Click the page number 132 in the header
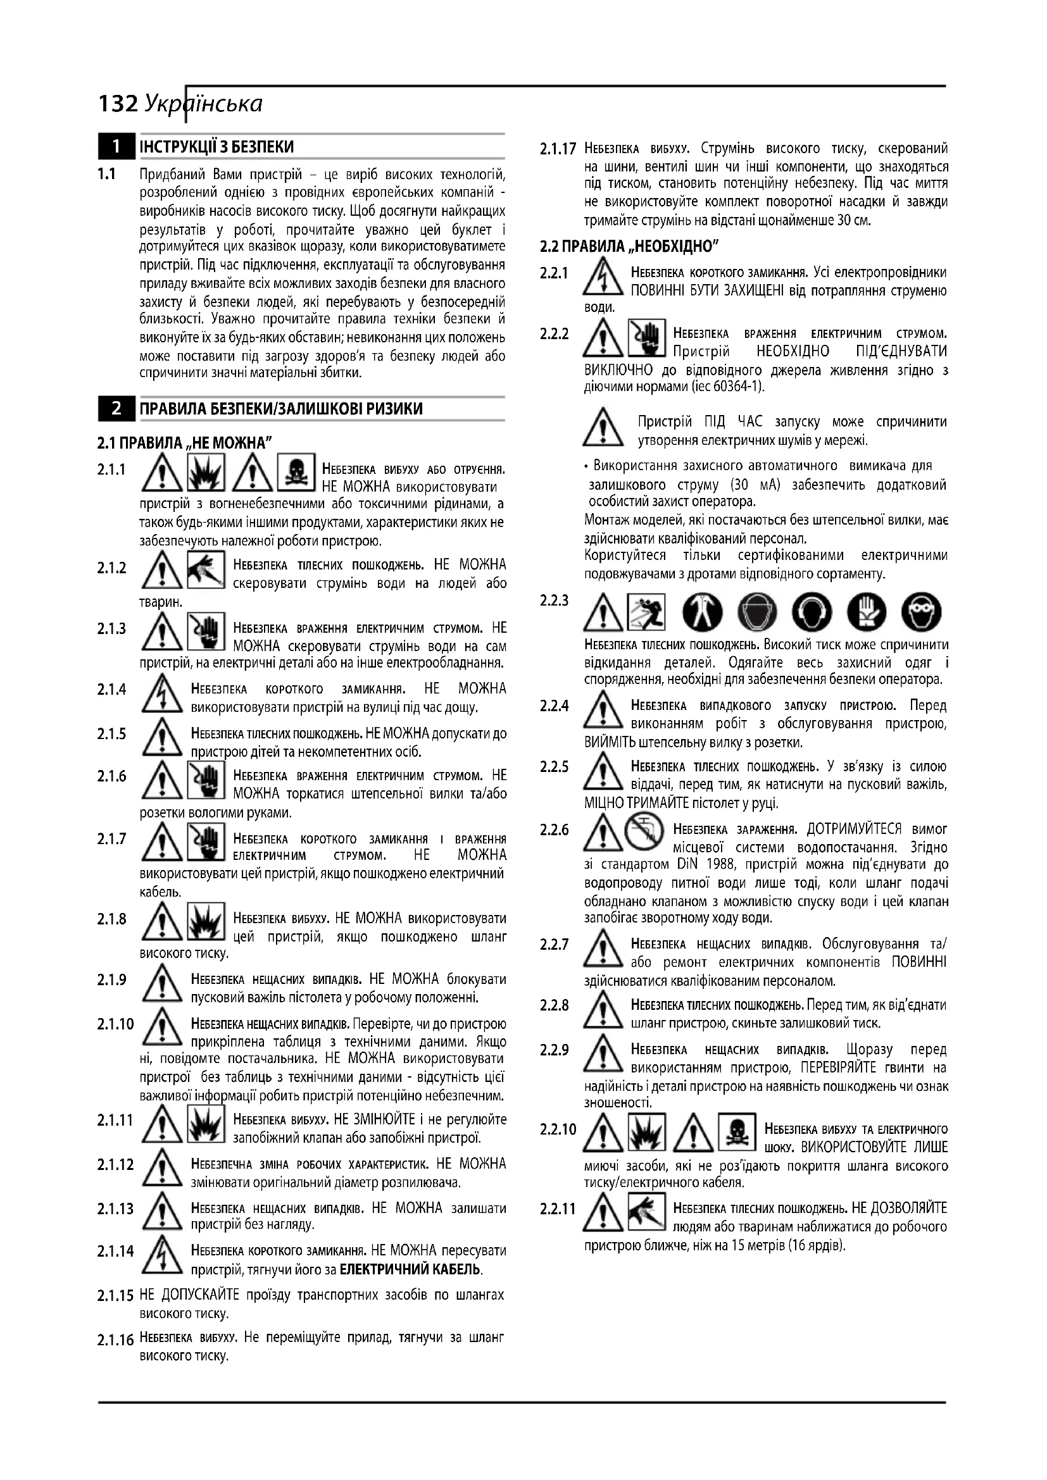click(118, 104)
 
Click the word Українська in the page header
click(204, 104)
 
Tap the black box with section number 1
click(116, 147)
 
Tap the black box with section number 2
click(116, 408)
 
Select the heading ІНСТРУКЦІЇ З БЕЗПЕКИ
click(216, 147)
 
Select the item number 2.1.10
click(115, 1024)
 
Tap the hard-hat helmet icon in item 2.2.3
click(753, 612)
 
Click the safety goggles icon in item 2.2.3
click(920, 612)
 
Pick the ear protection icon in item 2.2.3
click(809, 612)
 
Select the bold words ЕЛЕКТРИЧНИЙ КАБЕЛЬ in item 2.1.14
click(410, 1271)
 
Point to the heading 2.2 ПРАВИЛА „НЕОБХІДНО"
click(629, 246)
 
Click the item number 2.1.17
click(558, 149)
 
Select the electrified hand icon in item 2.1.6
click(206, 780)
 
